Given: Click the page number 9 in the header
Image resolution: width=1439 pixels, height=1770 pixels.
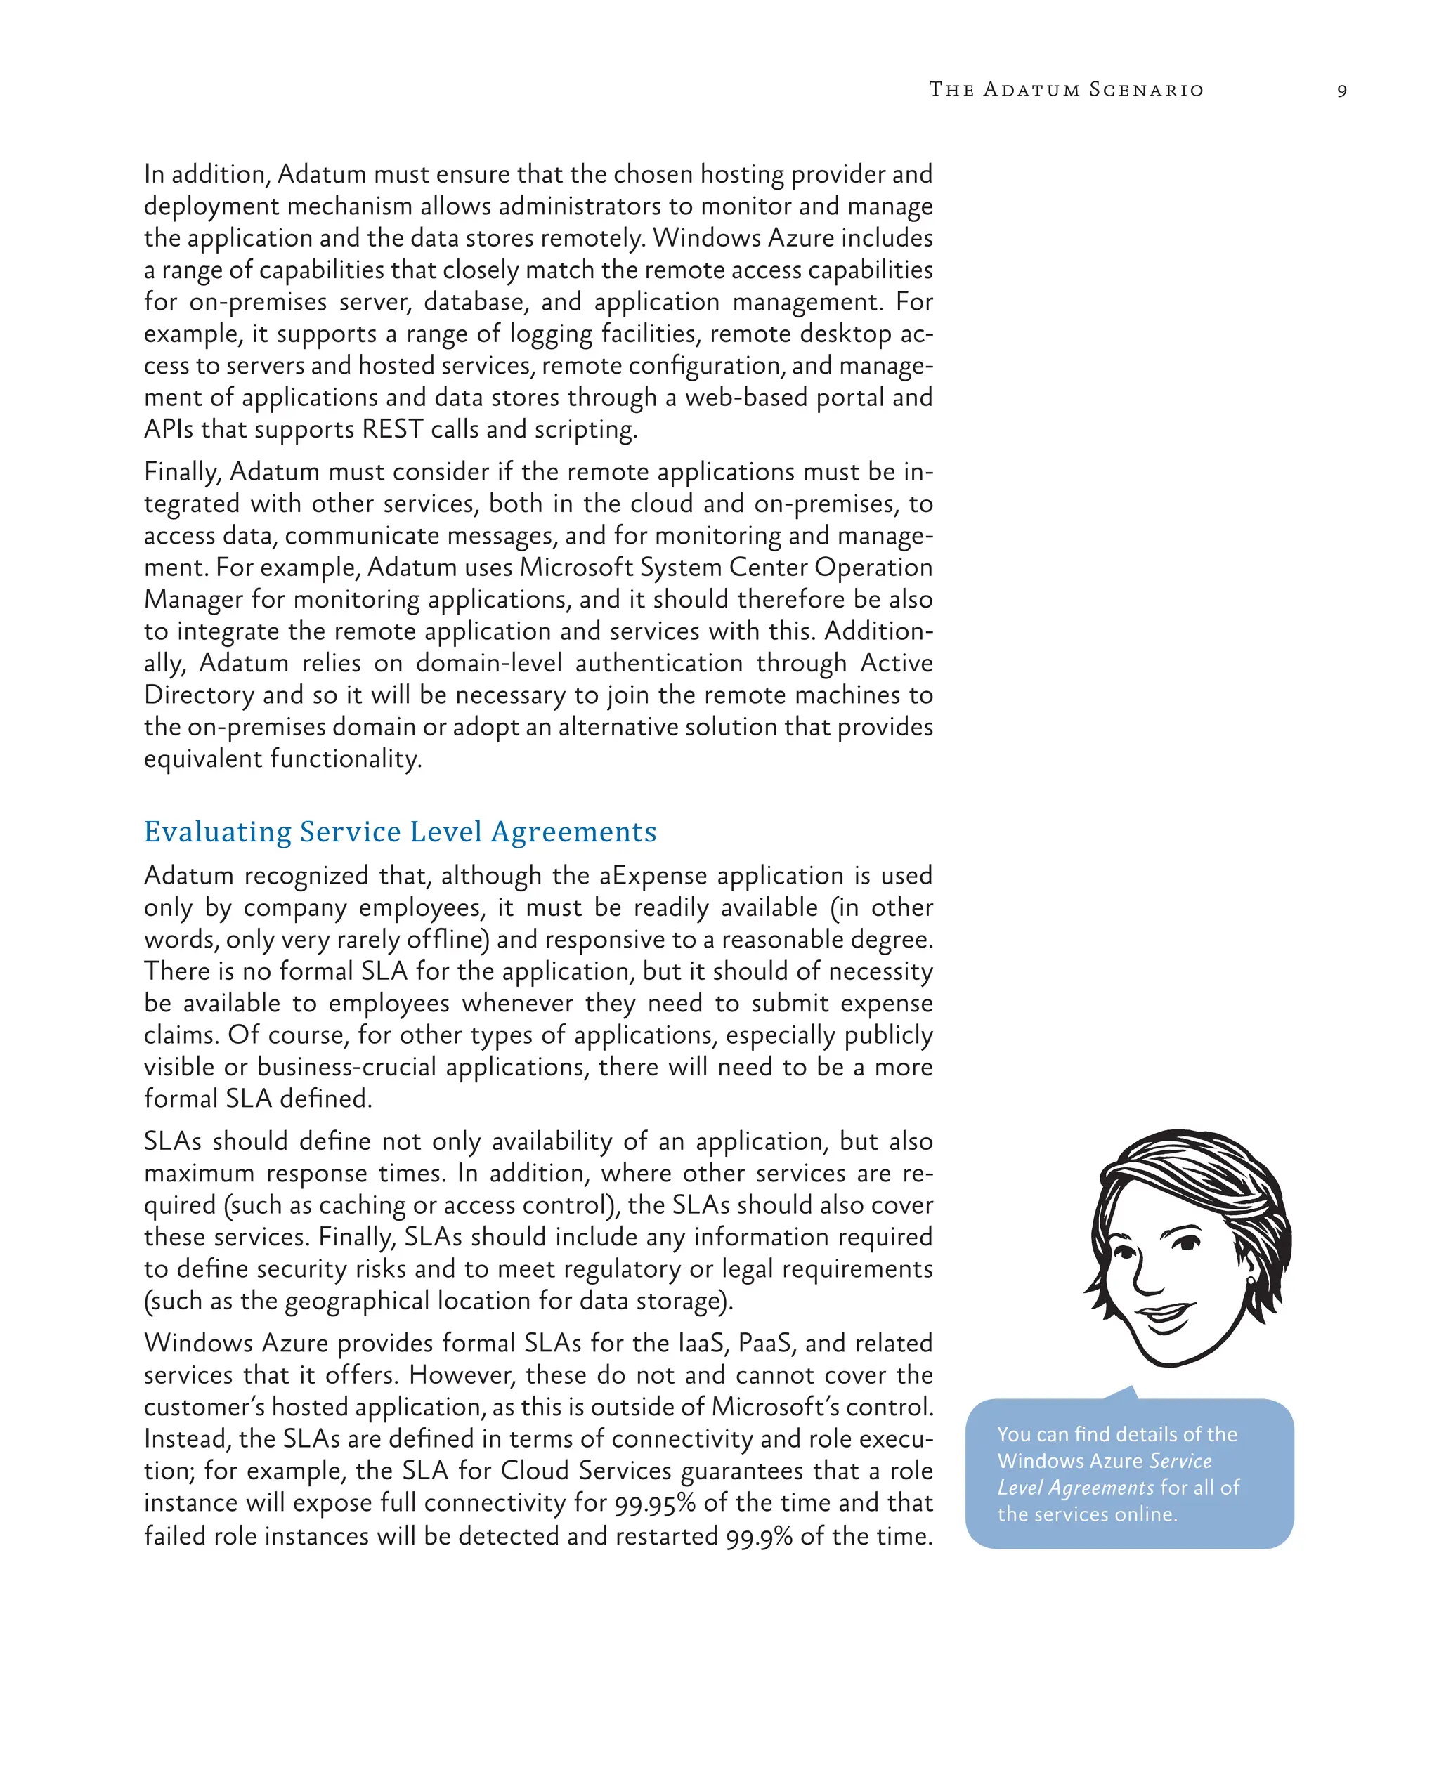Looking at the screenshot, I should click(1341, 91).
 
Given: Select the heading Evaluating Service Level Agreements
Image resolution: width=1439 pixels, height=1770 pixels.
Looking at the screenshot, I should click(401, 832).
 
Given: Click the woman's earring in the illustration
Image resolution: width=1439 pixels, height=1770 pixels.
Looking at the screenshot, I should click(1251, 1280).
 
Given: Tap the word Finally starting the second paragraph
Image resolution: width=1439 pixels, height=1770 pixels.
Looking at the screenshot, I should click(183, 472).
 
